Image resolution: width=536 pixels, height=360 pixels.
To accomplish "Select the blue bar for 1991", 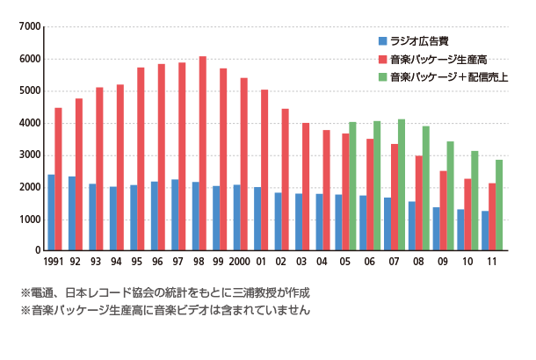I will coord(51,212).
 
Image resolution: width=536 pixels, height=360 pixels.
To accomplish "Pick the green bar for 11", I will coord(499,205).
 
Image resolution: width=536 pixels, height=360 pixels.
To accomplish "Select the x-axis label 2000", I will coord(241,263).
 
